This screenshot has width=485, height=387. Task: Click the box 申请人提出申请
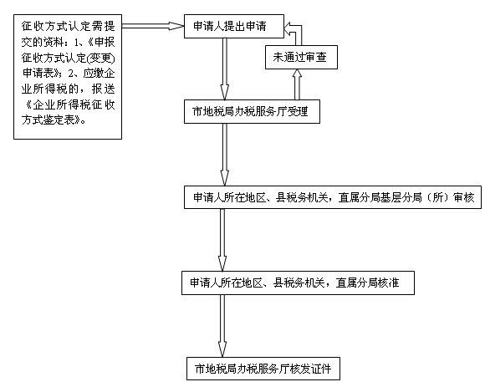click(234, 26)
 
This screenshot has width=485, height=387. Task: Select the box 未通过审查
click(301, 57)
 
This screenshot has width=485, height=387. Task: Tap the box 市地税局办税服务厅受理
click(252, 112)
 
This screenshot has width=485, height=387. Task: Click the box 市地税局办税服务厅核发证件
click(263, 369)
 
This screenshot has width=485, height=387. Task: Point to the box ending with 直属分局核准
click(298, 283)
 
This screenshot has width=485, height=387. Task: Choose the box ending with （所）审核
click(333, 197)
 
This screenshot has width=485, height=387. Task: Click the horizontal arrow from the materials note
click(153, 26)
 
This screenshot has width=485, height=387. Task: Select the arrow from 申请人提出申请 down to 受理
click(225, 69)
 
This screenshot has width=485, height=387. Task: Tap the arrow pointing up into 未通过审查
click(297, 84)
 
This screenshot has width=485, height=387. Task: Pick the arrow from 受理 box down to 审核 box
click(225, 155)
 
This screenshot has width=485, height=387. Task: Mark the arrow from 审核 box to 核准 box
click(222, 240)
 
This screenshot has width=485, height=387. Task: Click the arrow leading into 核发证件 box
click(222, 326)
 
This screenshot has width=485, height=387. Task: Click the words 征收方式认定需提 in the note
click(68, 26)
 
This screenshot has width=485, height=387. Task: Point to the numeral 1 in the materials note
click(76, 43)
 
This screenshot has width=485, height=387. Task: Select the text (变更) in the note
click(100, 59)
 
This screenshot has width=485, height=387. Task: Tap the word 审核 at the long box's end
click(463, 197)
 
